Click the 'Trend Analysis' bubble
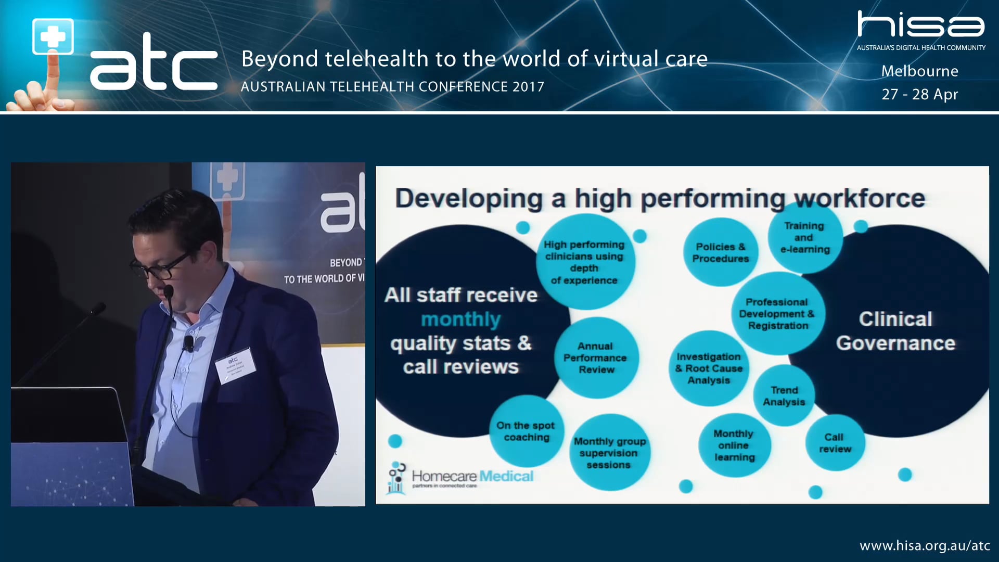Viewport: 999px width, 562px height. tap(784, 396)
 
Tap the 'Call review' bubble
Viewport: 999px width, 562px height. tap(835, 443)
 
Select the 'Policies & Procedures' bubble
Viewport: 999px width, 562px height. tap(721, 252)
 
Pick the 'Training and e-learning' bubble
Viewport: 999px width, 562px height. tap(804, 238)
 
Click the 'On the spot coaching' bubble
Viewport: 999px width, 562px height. tap(526, 431)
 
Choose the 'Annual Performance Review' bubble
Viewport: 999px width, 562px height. tap(596, 358)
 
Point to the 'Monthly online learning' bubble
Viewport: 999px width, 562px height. tap(734, 445)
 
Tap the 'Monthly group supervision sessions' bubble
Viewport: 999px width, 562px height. tap(609, 453)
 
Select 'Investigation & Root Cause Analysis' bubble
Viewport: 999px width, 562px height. tap(709, 368)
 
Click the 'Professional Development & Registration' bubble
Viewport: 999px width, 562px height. tap(777, 314)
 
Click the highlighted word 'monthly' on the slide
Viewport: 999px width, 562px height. tap(460, 319)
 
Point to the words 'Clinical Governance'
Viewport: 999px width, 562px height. tap(895, 331)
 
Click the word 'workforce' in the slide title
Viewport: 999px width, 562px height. tap(860, 199)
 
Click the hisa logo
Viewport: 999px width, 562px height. tap(920, 25)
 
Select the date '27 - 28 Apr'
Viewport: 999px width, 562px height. tap(919, 94)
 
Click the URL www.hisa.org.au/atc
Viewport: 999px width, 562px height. tap(925, 545)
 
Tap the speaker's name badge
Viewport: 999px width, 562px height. tap(235, 365)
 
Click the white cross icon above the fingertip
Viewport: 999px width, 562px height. tap(53, 36)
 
